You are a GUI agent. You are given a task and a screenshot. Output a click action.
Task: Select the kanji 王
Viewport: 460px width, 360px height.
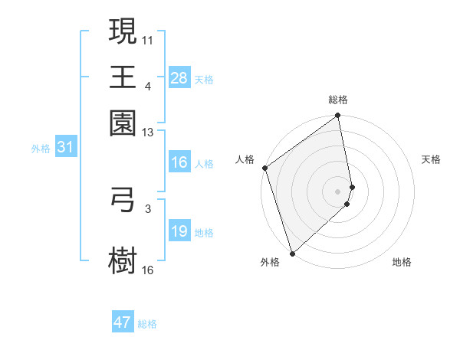(x=123, y=77)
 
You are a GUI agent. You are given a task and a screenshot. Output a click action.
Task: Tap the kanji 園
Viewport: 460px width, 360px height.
(x=123, y=123)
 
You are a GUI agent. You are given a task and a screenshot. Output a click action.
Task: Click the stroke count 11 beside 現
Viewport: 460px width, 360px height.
(x=148, y=38)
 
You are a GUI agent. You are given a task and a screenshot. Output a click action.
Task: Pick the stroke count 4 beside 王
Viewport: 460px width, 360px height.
(x=148, y=86)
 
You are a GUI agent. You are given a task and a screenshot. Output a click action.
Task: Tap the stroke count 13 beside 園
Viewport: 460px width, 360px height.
(x=148, y=133)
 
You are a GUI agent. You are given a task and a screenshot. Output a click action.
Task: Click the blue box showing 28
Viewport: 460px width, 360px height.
(x=179, y=78)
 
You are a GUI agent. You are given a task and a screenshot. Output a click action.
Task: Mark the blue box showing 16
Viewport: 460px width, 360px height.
(x=179, y=162)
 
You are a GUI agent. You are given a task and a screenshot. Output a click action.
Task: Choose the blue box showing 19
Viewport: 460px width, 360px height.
(x=179, y=231)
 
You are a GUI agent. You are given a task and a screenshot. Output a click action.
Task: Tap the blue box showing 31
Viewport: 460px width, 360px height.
(x=65, y=147)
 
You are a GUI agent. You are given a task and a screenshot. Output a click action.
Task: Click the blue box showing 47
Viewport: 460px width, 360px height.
(x=123, y=322)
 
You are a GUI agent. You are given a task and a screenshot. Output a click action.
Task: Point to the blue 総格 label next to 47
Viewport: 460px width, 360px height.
(x=148, y=324)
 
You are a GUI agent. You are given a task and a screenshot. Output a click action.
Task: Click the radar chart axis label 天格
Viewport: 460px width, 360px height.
(x=432, y=159)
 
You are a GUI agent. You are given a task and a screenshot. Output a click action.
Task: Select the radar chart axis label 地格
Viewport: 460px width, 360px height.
(x=402, y=262)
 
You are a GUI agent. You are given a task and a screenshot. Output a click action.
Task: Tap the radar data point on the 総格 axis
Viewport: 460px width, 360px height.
(x=338, y=116)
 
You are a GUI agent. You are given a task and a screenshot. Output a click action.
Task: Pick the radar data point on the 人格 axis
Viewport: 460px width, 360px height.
(x=264, y=168)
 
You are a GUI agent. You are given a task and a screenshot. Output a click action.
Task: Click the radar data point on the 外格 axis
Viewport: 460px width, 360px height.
(x=292, y=253)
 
